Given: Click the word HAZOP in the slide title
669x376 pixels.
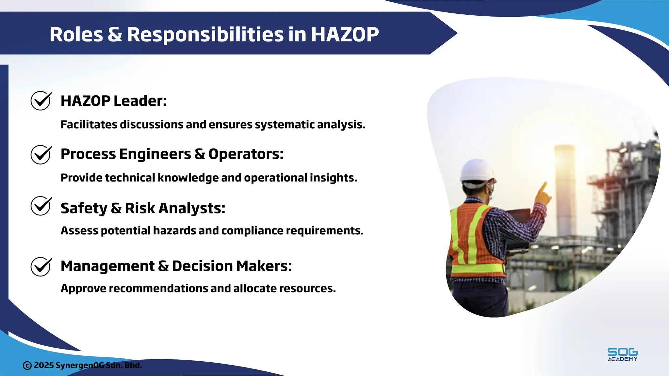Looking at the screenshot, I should coord(345,34).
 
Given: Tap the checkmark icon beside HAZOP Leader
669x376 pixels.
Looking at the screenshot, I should coord(41,101).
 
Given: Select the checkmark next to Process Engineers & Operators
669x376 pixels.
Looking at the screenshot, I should coord(41,154).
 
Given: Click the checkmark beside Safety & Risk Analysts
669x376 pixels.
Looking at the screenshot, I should coord(41,206).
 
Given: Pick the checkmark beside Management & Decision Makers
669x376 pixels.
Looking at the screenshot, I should coord(41,267).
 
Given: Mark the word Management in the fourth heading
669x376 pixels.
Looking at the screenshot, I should coord(107,266).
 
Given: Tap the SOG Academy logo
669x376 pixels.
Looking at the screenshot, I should coord(622,354).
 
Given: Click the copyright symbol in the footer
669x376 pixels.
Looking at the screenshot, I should coord(27,366).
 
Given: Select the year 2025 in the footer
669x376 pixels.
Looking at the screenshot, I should coord(44,365).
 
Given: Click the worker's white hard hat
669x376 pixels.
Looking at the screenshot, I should coord(477,170).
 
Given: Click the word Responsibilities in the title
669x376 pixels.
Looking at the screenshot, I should coord(205,34).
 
